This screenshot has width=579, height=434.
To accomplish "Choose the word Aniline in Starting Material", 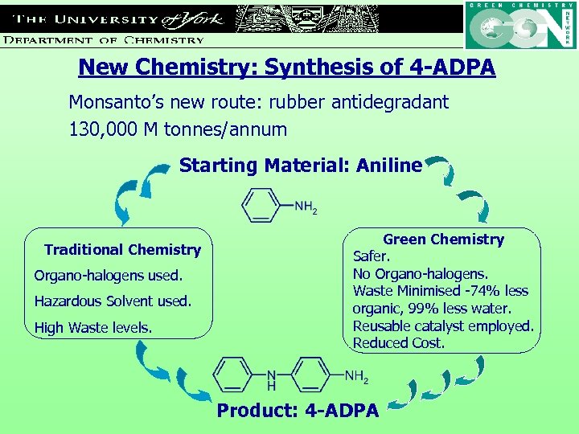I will click(x=392, y=166).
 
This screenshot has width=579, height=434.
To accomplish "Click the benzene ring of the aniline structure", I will click(x=261, y=206).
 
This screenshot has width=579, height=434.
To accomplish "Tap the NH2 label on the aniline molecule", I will click(x=306, y=207).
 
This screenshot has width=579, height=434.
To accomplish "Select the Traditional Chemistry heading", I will click(x=122, y=250).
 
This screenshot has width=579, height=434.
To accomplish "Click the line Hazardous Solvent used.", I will click(x=113, y=301).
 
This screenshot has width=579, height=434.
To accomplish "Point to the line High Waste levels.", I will click(x=93, y=327).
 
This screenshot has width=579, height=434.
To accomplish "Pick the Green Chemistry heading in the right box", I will click(x=443, y=240).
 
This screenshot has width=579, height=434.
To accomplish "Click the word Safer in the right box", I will click(x=372, y=256).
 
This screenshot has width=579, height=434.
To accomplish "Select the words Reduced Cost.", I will click(x=398, y=343).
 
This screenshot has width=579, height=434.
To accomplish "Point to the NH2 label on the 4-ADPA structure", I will click(x=356, y=375).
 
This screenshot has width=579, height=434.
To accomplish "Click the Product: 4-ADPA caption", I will click(x=298, y=411).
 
